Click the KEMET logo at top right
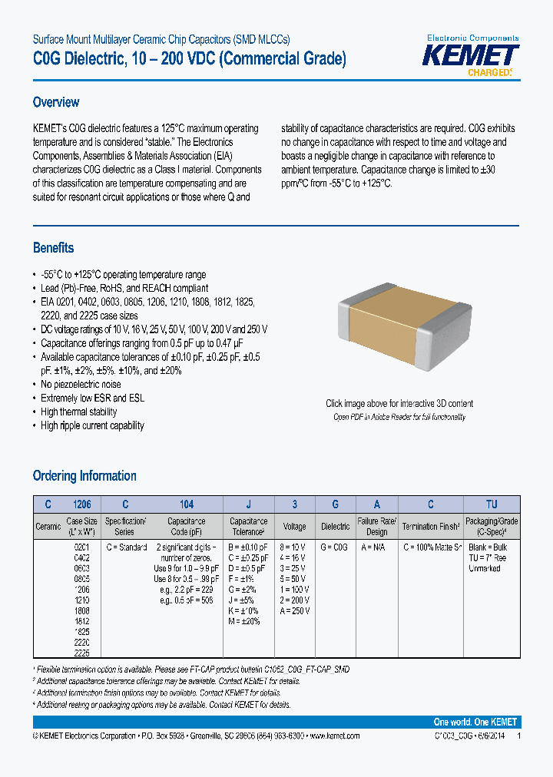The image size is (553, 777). pyautogui.click(x=472, y=57)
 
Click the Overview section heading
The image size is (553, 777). pyautogui.click(x=56, y=102)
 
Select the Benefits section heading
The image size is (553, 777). pyautogui.click(x=53, y=248)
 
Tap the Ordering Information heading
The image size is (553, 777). pyautogui.click(x=84, y=476)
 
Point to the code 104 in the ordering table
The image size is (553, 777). pyautogui.click(x=187, y=504)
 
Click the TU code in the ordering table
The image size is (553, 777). pyautogui.click(x=492, y=504)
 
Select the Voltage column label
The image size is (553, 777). pyautogui.click(x=294, y=527)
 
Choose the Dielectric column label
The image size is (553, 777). pyautogui.click(x=335, y=527)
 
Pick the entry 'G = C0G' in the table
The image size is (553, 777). pyautogui.click(x=334, y=547)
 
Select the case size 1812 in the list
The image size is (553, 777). pyautogui.click(x=81, y=621)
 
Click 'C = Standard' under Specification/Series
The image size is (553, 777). pyautogui.click(x=125, y=547)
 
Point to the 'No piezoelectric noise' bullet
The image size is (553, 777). pyautogui.click(x=81, y=385)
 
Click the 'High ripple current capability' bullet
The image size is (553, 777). pyautogui.click(x=92, y=426)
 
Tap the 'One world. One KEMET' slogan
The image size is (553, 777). pyautogui.click(x=475, y=722)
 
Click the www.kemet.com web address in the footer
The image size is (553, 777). pyautogui.click(x=333, y=736)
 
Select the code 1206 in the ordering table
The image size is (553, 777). pyautogui.click(x=81, y=504)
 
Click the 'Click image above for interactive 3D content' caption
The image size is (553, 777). pyautogui.click(x=399, y=404)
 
